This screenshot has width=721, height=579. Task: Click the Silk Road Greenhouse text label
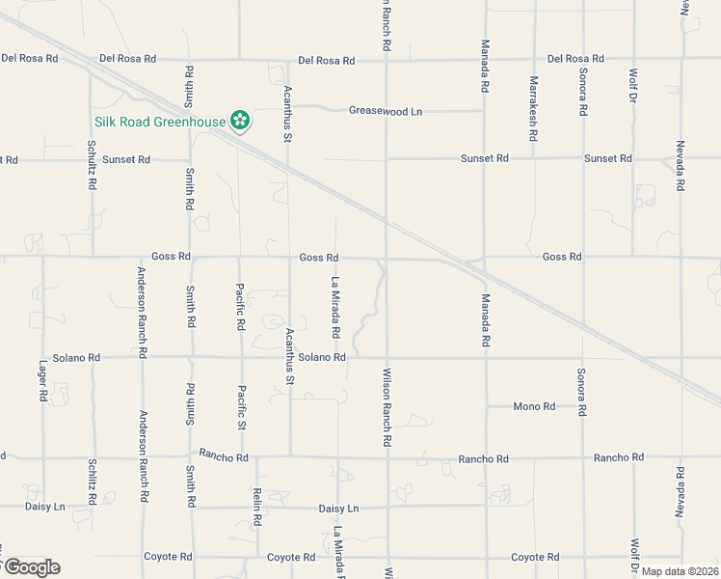click(160, 123)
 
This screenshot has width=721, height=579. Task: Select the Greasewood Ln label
click(386, 111)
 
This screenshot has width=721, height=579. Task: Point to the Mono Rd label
click(534, 406)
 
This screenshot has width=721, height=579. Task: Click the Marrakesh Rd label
click(533, 108)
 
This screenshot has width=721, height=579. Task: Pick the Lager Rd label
click(43, 382)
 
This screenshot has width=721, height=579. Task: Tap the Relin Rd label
click(257, 506)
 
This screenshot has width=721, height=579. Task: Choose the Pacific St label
click(242, 407)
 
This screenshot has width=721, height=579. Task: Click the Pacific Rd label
click(241, 306)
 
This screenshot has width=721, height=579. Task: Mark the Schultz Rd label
click(92, 162)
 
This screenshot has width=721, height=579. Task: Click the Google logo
click(31, 566)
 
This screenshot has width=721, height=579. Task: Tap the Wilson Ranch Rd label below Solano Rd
click(387, 406)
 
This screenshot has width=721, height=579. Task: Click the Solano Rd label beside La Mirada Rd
click(322, 357)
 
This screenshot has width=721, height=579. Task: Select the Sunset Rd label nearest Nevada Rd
click(607, 158)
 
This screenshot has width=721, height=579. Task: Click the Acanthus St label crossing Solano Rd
click(289, 356)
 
